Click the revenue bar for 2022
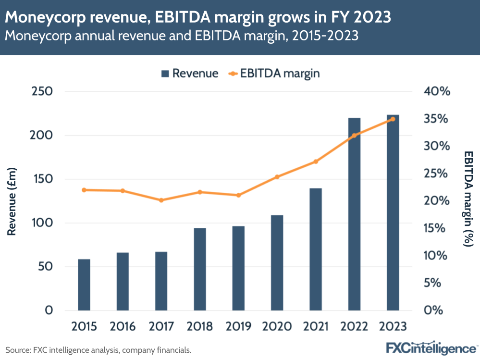pyautogui.click(x=354, y=214)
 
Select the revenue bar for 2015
pyautogui.click(x=84, y=285)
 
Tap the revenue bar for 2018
pyautogui.click(x=200, y=269)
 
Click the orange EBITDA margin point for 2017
pyautogui.click(x=161, y=200)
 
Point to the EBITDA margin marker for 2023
pyautogui.click(x=393, y=119)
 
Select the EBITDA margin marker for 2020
pyautogui.click(x=277, y=177)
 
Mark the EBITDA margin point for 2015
pyautogui.click(x=84, y=190)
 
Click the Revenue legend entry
pyautogui.click(x=189, y=74)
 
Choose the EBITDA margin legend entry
pyautogui.click(x=275, y=74)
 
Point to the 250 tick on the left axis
pyautogui.click(x=42, y=91)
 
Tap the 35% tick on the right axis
pyautogui.click(x=436, y=119)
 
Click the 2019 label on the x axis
pyautogui.click(x=238, y=326)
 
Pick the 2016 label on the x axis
pyautogui.click(x=123, y=326)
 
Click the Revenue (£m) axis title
pyautogui.click(x=12, y=200)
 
